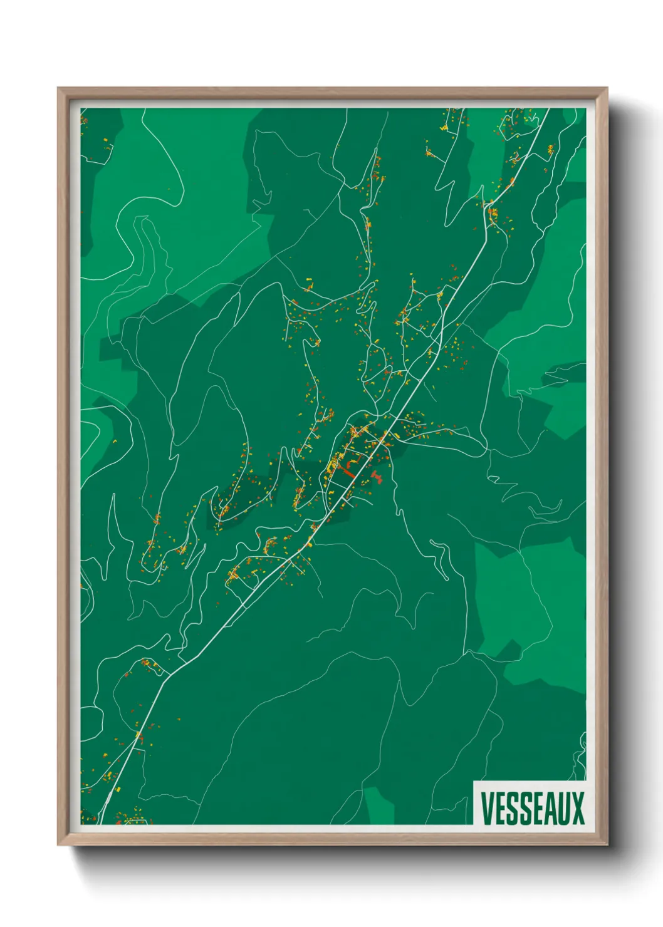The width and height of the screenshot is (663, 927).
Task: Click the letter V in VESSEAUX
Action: (x=486, y=809)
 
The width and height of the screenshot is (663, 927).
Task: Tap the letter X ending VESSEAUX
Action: (x=577, y=809)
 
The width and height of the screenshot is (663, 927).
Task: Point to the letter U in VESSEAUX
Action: (x=561, y=809)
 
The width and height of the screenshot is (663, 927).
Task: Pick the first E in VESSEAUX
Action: (x=499, y=809)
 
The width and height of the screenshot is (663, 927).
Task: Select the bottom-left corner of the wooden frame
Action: (x=58, y=845)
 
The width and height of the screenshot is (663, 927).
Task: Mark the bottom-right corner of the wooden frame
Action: (x=607, y=845)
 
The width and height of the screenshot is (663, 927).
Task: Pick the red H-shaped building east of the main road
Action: (x=377, y=477)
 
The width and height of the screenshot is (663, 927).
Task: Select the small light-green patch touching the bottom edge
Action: (x=379, y=806)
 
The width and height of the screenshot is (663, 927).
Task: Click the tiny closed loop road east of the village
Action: (x=494, y=480)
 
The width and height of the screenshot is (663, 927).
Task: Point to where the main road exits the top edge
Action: (x=548, y=110)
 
